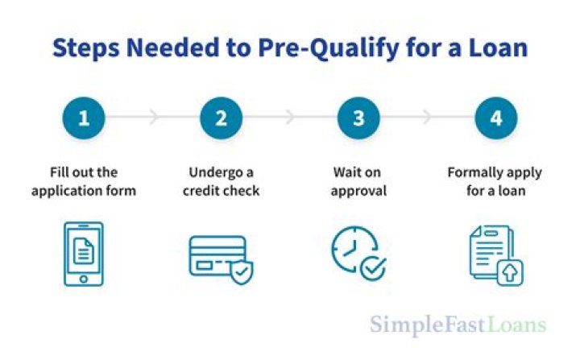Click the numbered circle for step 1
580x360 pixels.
coord(84,118)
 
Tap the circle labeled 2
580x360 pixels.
coord(222,118)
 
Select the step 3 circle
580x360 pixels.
coord(359,118)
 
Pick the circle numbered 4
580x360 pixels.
coord(496,118)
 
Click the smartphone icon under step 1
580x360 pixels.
coord(83,253)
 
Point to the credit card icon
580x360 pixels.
coord(217,256)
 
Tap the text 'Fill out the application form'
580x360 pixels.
coord(84,181)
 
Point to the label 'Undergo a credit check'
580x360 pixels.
coord(222,181)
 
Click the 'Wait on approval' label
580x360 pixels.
coord(359,181)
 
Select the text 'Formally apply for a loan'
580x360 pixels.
coord(495,181)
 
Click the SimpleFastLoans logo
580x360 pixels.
coord(458,325)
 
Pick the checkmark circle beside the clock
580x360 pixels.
coord(373,268)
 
